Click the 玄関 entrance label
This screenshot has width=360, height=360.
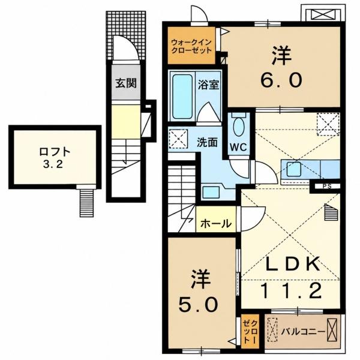tap(126, 83)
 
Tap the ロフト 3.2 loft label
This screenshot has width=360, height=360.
tap(55, 158)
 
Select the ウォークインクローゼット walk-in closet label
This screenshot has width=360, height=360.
tap(191, 46)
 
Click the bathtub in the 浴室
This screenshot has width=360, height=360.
tap(182, 97)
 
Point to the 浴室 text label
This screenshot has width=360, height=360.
tap(208, 85)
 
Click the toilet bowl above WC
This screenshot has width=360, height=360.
tap(239, 126)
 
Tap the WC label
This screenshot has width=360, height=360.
tap(239, 147)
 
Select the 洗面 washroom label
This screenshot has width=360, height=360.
tap(207, 143)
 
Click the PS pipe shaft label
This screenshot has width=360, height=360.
tap(327, 187)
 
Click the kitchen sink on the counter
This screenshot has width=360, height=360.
tap(294, 169)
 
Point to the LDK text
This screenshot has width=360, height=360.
tap(293, 263)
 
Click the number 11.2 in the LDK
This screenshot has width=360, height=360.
tap(291, 290)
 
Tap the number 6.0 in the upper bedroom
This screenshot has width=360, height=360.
tap(281, 80)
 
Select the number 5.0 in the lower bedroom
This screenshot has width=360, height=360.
tap(198, 304)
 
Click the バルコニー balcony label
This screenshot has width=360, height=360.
tap(304, 332)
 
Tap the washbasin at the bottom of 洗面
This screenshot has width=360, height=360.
tap(211, 191)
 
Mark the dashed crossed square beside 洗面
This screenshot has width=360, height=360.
tap(178, 139)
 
